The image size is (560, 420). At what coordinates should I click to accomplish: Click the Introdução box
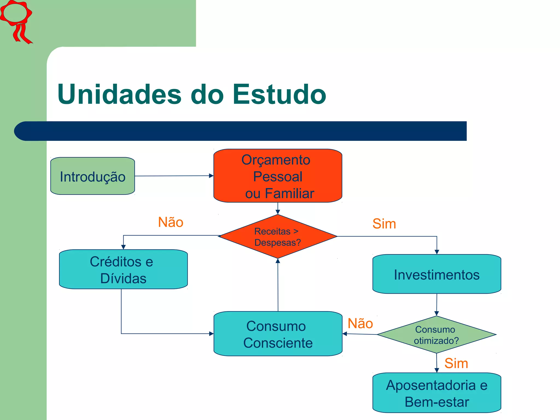pyautogui.click(x=92, y=176)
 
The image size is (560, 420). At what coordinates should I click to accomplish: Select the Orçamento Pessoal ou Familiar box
pyautogui.click(x=278, y=176)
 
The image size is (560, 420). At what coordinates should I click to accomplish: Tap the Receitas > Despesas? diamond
pyautogui.click(x=278, y=237)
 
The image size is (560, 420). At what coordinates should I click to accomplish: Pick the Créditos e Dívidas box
pyautogui.click(x=123, y=269)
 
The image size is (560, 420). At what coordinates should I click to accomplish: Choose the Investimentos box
pyautogui.click(x=436, y=274)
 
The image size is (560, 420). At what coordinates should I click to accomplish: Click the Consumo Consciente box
pyautogui.click(x=278, y=334)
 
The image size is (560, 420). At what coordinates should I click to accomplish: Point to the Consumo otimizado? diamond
pyautogui.click(x=436, y=335)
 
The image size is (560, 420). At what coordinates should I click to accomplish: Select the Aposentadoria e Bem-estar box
pyautogui.click(x=436, y=393)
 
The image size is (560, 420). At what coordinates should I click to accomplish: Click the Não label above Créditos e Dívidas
pyautogui.click(x=171, y=222)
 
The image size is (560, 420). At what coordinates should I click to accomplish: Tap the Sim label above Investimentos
pyautogui.click(x=384, y=224)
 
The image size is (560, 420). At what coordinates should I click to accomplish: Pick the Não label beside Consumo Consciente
pyautogui.click(x=360, y=323)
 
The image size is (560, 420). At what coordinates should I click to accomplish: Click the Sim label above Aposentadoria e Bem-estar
pyautogui.click(x=456, y=363)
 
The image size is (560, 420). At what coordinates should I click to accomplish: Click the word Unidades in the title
pyautogui.click(x=119, y=94)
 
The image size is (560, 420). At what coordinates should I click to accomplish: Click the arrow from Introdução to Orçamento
pyautogui.click(x=174, y=176)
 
